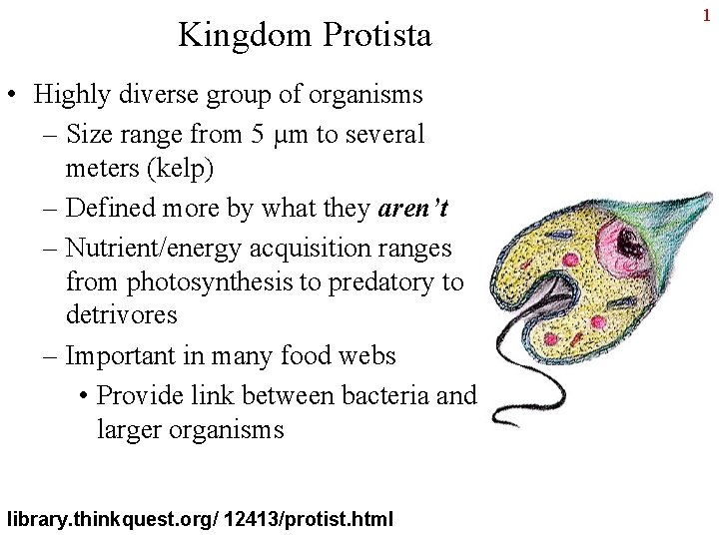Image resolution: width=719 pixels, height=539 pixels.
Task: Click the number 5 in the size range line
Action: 258,134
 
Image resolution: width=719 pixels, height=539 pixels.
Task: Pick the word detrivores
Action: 121,316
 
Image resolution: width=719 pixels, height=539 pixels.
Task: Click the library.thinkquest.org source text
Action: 112,519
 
